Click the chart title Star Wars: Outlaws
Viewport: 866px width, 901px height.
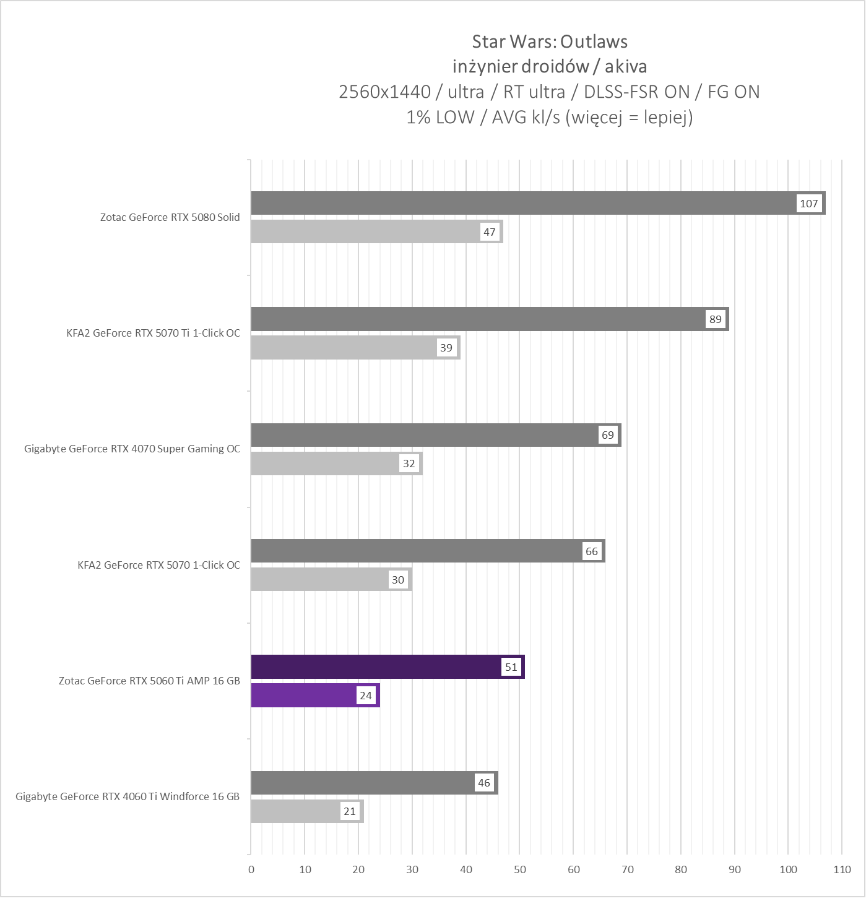tap(550, 41)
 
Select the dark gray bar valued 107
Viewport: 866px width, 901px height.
tap(520, 204)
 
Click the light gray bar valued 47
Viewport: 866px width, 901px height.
tap(365, 232)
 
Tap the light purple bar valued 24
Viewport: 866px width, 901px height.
tap(303, 696)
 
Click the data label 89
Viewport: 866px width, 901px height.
tap(715, 319)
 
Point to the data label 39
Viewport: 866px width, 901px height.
tap(446, 348)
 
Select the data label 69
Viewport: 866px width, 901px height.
tap(608, 435)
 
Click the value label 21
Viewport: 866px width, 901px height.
tap(350, 811)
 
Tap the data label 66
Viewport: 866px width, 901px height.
tap(592, 551)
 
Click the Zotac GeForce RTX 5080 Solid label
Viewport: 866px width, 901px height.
tap(170, 217)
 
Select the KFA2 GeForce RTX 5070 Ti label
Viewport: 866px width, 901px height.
tap(153, 333)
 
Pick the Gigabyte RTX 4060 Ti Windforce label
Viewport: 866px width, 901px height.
tap(128, 796)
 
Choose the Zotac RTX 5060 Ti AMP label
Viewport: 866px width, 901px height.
tap(149, 681)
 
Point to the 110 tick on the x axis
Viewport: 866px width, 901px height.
tap(842, 869)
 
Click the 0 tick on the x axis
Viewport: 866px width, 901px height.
tap(251, 869)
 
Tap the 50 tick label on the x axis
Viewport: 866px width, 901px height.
tap(520, 869)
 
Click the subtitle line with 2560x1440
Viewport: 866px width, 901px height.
tap(550, 92)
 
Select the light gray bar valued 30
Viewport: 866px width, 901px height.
tap(322, 580)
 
